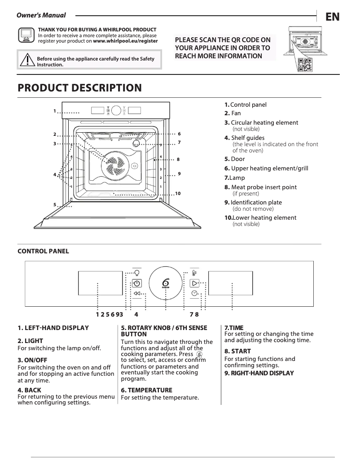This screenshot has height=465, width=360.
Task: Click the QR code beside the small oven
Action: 305,65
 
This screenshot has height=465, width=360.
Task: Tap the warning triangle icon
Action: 27,59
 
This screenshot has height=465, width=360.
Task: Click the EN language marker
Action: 332,17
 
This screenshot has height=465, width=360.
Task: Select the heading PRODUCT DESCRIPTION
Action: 79,88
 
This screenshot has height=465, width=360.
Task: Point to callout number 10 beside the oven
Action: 178,193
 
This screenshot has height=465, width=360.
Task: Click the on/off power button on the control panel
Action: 137,283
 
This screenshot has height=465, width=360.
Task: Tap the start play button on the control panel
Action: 194,283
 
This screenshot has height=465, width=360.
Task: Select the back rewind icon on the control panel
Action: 137,293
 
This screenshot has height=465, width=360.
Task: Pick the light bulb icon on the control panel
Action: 137,271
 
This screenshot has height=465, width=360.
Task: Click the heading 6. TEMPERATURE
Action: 147,390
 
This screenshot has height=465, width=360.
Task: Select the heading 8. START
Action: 237,351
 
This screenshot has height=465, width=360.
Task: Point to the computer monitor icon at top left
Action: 26,35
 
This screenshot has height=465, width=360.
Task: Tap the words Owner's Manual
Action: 41,15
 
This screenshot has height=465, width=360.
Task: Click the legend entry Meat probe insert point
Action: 263,187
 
